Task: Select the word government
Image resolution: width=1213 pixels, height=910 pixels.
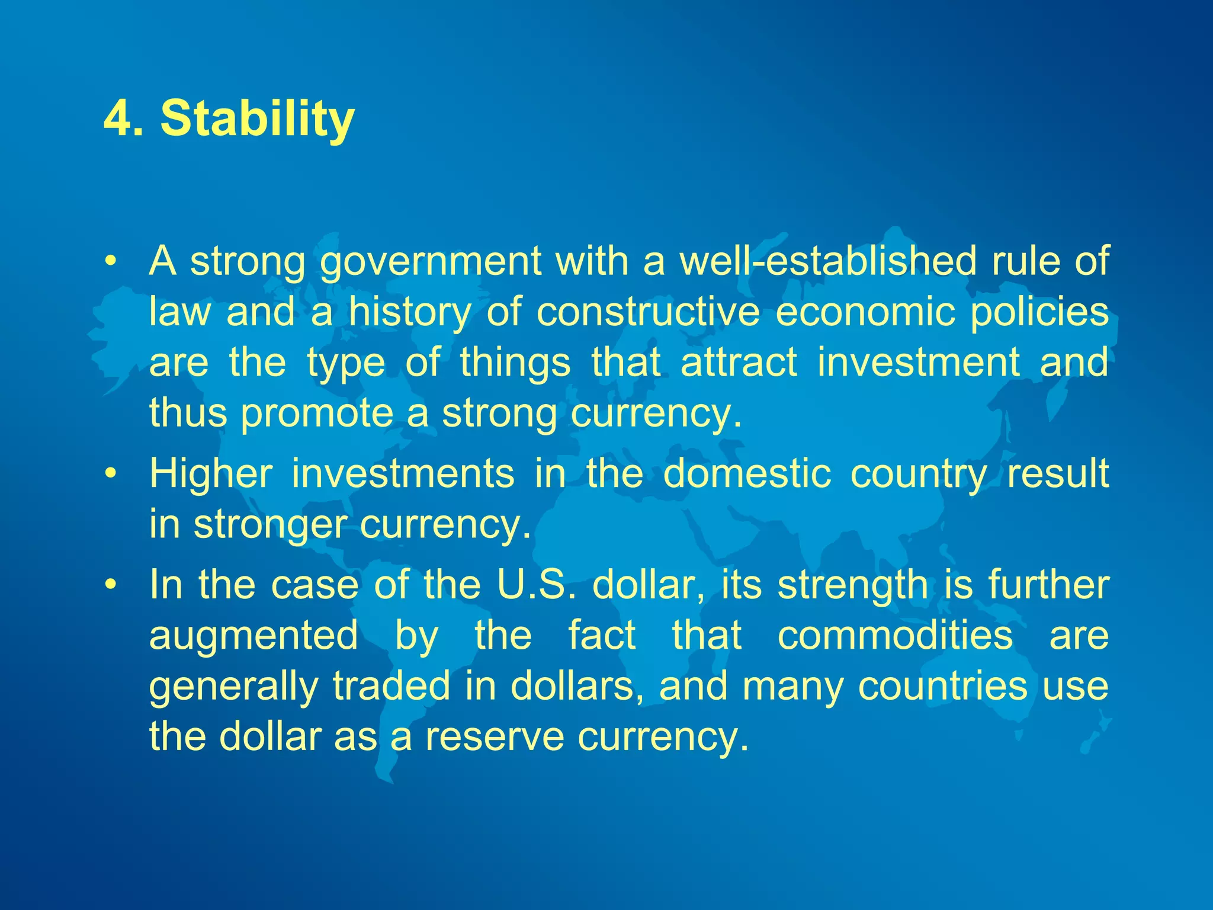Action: point(431,261)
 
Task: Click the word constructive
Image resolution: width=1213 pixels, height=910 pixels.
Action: point(648,312)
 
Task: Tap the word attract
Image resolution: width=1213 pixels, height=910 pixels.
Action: point(739,362)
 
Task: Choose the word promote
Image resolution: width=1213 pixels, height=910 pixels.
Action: point(317,413)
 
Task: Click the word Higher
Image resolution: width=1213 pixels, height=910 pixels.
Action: point(211,473)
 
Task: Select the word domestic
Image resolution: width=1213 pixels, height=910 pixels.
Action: point(747,473)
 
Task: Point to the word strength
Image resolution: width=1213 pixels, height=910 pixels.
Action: point(853,585)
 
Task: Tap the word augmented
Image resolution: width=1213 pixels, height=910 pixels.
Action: point(253,635)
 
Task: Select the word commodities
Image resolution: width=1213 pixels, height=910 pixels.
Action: point(895,635)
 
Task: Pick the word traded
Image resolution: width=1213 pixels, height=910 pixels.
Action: point(392,685)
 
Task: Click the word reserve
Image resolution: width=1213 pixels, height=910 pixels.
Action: point(495,736)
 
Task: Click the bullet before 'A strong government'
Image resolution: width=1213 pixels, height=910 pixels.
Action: point(109,261)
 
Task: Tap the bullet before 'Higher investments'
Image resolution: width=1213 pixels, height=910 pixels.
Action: point(109,474)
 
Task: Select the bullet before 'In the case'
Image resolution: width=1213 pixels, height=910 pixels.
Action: point(109,585)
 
